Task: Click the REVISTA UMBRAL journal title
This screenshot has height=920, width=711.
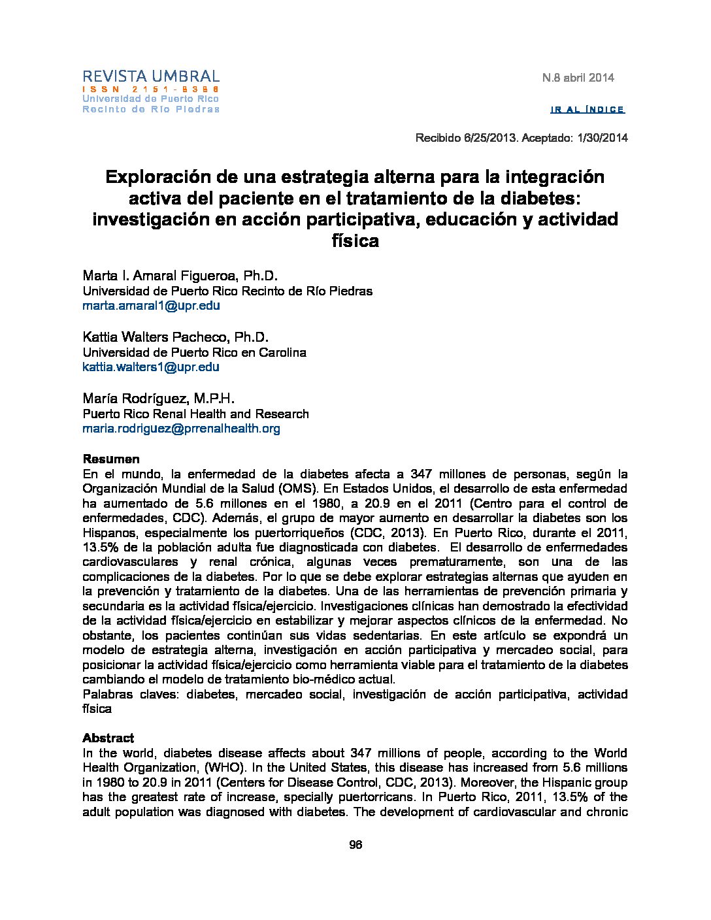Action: click(150, 76)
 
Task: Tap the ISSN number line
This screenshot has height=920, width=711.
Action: click(150, 89)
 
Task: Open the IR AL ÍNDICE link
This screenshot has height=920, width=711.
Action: click(587, 110)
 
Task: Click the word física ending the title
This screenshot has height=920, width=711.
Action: click(355, 241)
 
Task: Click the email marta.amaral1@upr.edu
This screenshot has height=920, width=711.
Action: click(151, 305)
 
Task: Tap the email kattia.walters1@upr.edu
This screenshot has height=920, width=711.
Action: click(151, 367)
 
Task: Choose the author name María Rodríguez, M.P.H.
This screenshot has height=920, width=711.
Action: click(158, 399)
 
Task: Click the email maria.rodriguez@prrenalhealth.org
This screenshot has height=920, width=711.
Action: click(181, 429)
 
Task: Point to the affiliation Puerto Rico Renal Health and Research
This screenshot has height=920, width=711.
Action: click(195, 414)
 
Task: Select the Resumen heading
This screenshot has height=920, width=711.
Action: click(110, 459)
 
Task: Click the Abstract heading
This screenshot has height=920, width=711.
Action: click(108, 738)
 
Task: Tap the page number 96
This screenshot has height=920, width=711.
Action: click(355, 845)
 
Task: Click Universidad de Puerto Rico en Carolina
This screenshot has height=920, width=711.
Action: click(194, 352)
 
